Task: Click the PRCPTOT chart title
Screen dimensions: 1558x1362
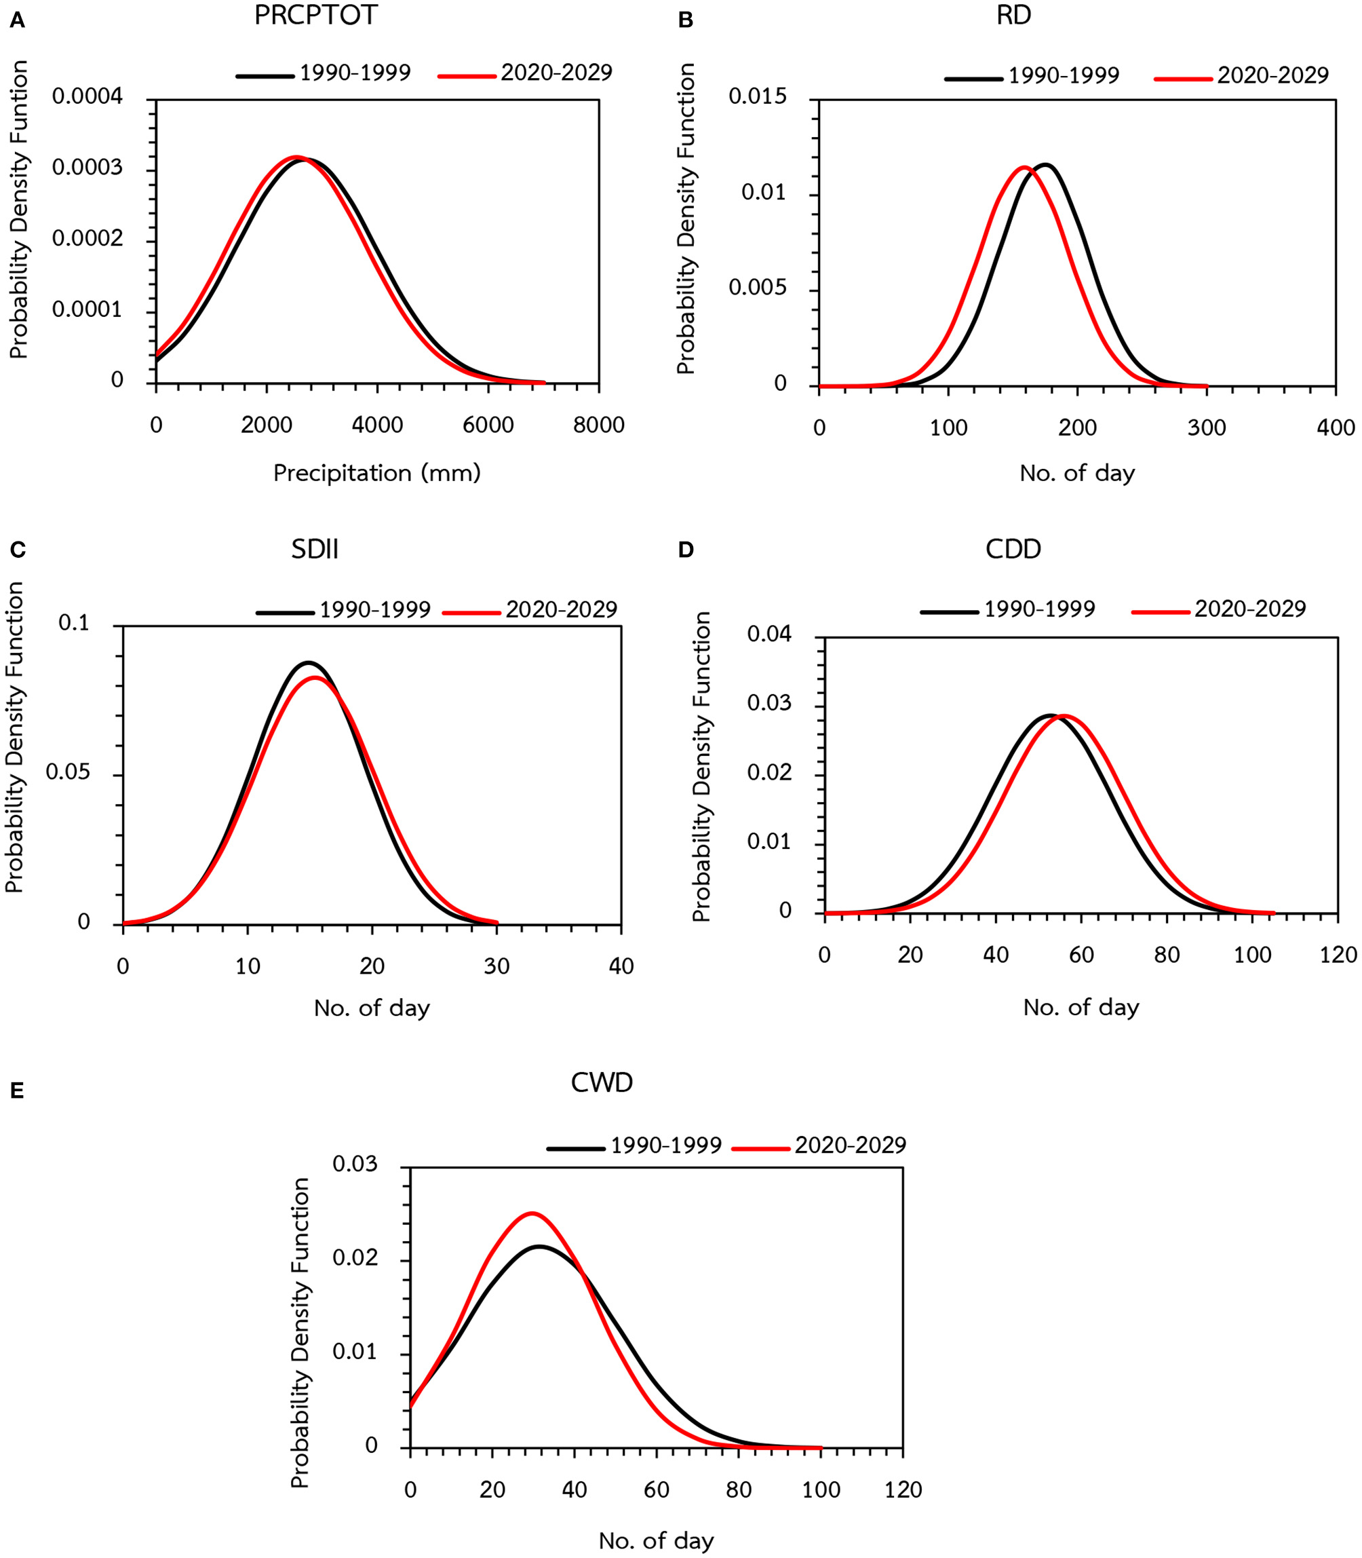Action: (315, 15)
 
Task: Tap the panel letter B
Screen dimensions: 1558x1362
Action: (686, 20)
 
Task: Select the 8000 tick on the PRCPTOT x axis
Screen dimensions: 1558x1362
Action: (598, 425)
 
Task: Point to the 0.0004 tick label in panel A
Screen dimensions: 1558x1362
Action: (87, 96)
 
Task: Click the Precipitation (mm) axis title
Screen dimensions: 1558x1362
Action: (377, 473)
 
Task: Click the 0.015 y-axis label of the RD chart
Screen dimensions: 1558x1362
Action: (757, 96)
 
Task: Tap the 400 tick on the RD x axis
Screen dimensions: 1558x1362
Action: (1336, 427)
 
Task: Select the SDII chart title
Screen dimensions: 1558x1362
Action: (315, 549)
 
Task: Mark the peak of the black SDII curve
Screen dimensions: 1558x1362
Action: (308, 662)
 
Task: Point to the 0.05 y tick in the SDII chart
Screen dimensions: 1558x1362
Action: (68, 772)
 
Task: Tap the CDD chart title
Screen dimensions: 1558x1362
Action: (1013, 549)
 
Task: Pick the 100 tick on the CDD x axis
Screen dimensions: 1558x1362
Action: (1252, 954)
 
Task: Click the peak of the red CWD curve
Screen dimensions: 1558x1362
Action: (531, 1213)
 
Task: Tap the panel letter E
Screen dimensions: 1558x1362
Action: (17, 1092)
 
